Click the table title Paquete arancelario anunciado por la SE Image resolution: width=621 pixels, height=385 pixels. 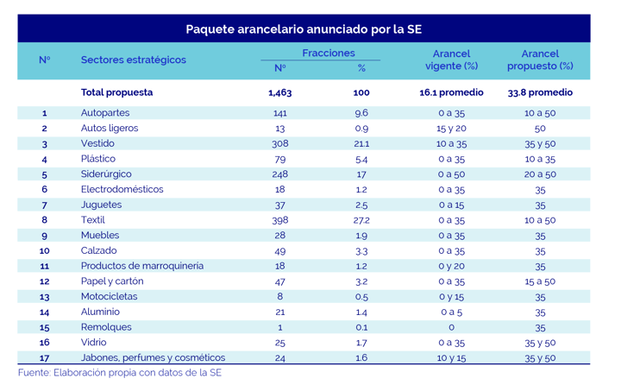304,29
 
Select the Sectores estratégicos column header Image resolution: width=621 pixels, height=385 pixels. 133,60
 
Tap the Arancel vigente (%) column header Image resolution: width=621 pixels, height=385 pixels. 452,60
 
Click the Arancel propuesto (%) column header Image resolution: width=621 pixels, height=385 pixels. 540,60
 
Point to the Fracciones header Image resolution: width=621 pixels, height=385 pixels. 329,54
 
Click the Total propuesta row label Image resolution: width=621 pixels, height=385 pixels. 116,92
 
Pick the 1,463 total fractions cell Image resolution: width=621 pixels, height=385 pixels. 279,92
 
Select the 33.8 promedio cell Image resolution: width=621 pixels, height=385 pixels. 540,92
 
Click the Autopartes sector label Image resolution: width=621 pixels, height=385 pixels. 106,113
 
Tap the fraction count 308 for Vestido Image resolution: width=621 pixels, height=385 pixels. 279,144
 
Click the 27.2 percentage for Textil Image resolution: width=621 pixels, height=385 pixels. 361,220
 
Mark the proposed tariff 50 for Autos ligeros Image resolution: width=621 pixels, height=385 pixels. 540,129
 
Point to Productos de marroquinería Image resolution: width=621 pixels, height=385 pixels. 142,266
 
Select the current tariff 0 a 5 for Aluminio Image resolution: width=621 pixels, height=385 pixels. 452,312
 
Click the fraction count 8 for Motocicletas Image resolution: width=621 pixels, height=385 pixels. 279,296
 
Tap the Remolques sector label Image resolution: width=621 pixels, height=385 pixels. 108,327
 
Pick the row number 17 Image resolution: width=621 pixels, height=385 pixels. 44,358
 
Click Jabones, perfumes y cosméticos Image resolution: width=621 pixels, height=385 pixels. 153,358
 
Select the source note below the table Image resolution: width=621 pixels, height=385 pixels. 120,374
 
